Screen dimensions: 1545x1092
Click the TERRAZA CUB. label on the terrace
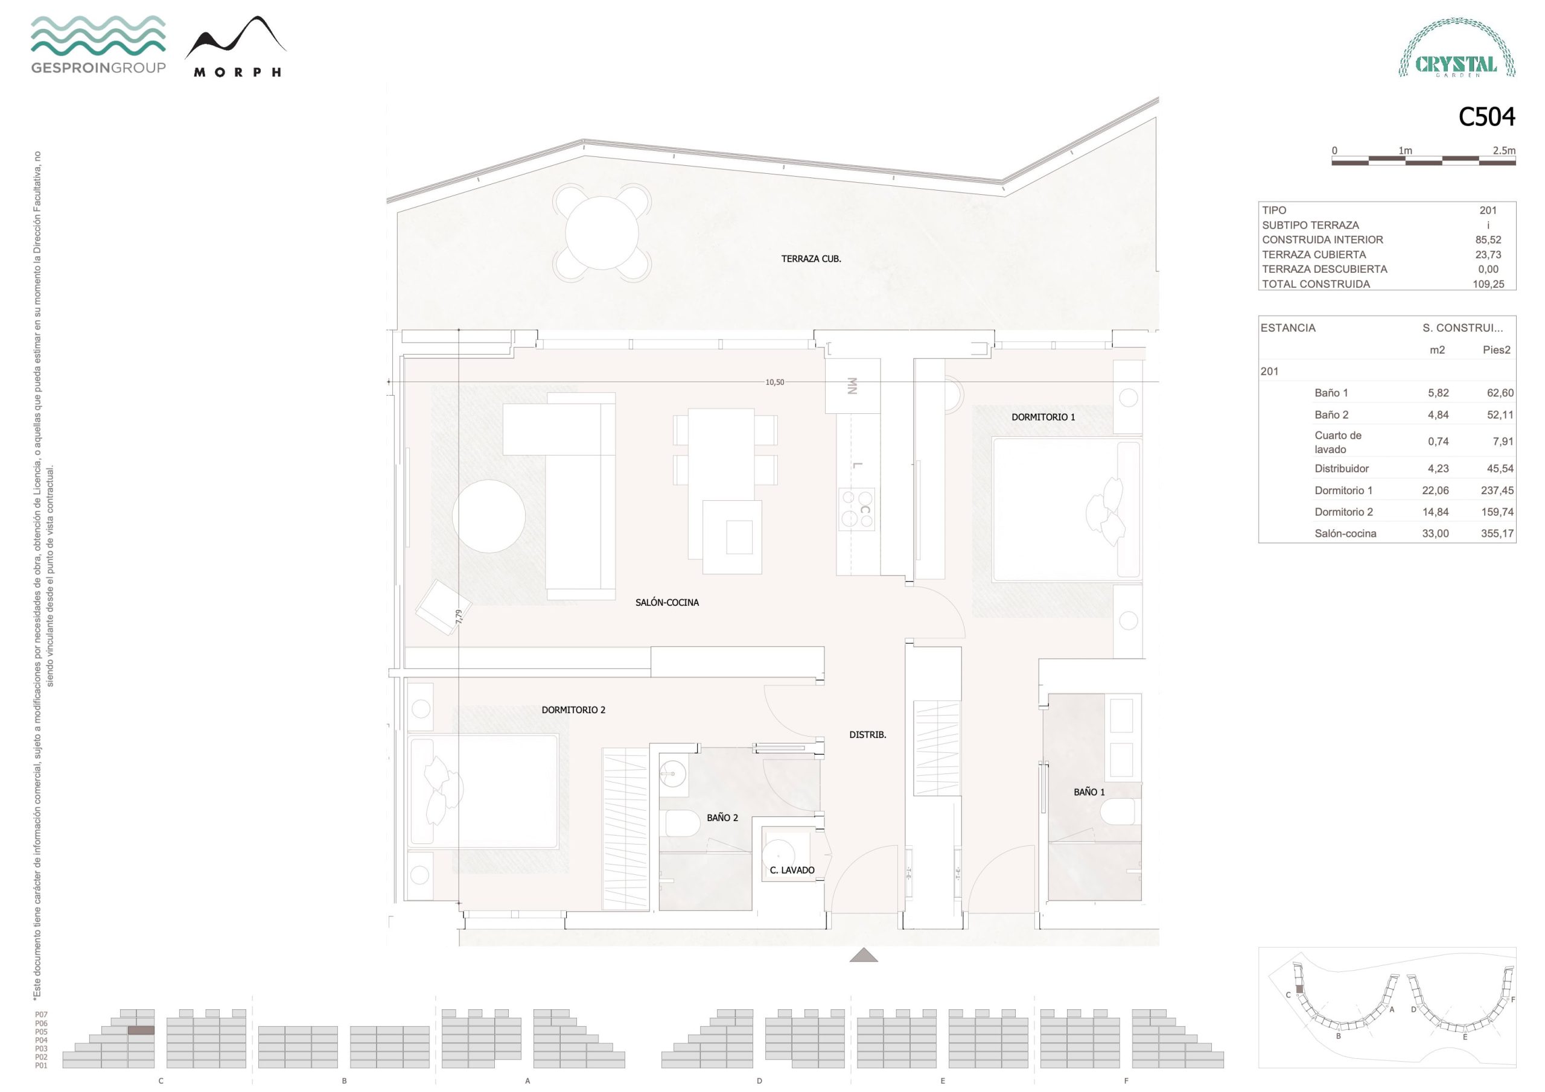tap(811, 258)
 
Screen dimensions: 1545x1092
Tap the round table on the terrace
tap(602, 233)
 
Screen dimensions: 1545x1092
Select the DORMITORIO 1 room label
tap(1043, 417)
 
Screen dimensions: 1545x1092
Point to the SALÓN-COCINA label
tap(667, 603)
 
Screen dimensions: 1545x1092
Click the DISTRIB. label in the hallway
tap(867, 735)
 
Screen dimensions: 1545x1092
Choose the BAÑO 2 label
tap(722, 817)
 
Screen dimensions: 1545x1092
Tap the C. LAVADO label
tap(792, 870)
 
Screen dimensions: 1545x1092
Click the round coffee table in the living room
tap(488, 516)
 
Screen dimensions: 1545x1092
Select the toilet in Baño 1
tap(1120, 811)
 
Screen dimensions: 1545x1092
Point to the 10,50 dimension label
tap(774, 382)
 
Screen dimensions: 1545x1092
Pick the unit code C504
tap(1486, 117)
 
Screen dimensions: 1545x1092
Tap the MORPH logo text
tap(237, 72)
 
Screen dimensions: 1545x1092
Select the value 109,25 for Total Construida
tap(1488, 284)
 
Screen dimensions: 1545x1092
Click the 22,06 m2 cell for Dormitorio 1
tap(1435, 490)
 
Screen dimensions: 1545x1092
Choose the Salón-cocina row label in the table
tap(1345, 533)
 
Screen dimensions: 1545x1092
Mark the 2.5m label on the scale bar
tap(1504, 151)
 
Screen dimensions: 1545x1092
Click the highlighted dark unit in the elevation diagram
tap(141, 1030)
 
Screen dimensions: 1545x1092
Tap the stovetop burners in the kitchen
tap(856, 509)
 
